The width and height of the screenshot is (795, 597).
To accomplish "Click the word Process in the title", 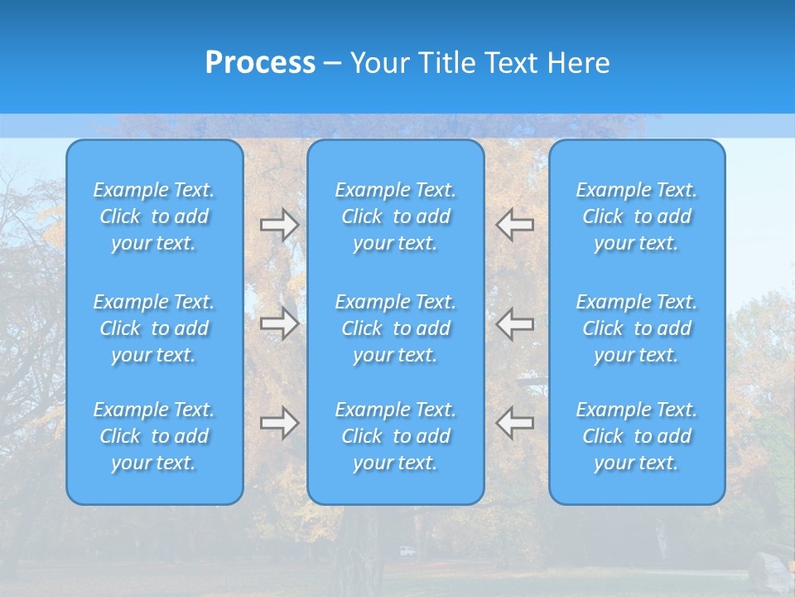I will (x=260, y=63).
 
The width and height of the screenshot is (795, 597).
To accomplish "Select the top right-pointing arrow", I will (x=280, y=225).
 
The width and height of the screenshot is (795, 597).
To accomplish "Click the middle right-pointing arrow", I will (x=280, y=323).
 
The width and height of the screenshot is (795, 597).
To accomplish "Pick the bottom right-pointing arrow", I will (x=280, y=423).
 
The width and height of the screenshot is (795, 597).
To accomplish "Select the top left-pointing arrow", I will (x=514, y=225).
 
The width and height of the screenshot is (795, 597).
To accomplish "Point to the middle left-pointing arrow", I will (x=514, y=323).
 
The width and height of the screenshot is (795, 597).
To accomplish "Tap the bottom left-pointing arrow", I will (x=514, y=423).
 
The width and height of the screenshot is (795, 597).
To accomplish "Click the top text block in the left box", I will (x=154, y=216).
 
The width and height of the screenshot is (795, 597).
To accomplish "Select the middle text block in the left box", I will (x=154, y=328).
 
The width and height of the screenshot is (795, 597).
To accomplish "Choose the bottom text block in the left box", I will (x=154, y=436).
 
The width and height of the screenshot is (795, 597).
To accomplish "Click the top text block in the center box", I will (x=396, y=216).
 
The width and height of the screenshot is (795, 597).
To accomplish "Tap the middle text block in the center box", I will (x=396, y=328).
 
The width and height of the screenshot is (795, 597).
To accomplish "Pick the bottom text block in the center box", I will (x=396, y=436).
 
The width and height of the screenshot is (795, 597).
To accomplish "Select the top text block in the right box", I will (x=637, y=216).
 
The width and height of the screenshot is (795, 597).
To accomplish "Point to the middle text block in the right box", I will (x=637, y=328).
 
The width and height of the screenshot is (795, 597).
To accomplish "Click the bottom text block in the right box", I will (x=637, y=436).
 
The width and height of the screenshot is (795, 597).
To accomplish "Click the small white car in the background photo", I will (x=407, y=551).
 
